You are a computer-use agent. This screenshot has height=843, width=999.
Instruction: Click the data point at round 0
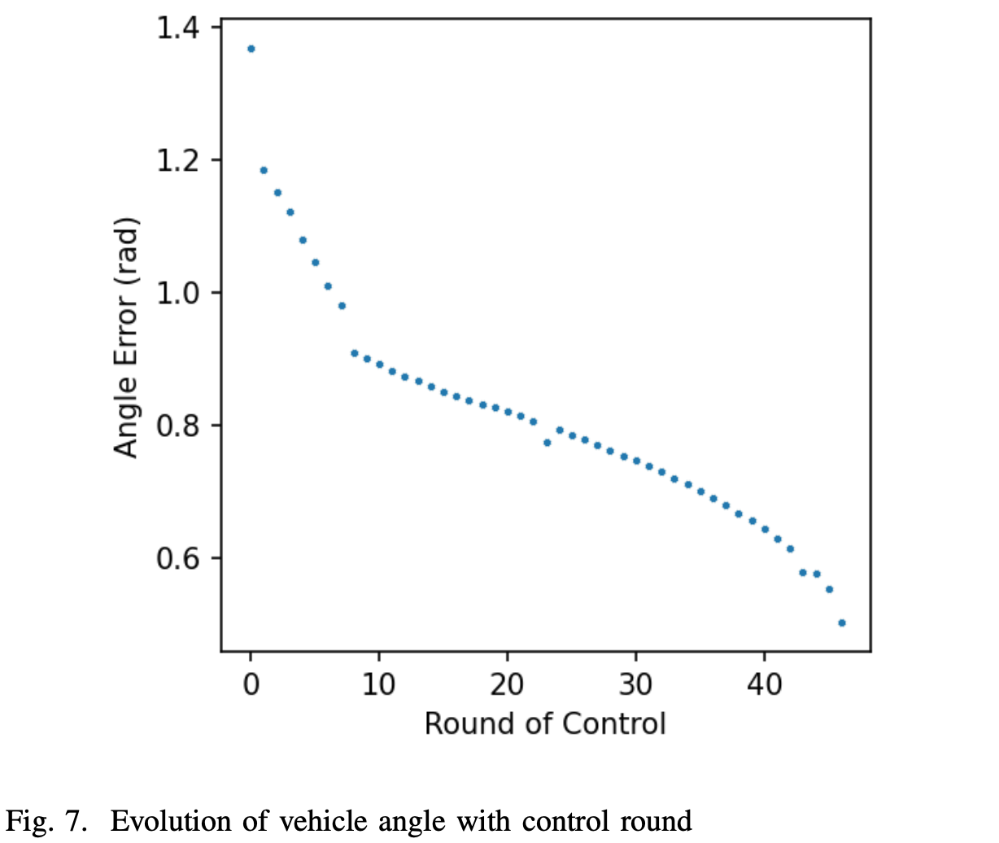click(x=251, y=49)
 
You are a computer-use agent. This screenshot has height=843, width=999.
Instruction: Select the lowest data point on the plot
click(x=842, y=623)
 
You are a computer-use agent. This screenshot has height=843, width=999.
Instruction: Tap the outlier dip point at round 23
click(x=547, y=443)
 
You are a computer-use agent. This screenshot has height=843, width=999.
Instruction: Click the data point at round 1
click(x=264, y=170)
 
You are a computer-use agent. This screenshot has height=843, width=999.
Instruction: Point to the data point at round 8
click(x=354, y=353)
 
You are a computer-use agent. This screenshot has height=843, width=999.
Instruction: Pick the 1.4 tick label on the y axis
click(x=178, y=28)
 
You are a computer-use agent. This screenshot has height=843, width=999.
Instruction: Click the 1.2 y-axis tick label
click(x=178, y=160)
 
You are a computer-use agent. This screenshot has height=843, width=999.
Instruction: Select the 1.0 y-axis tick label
click(x=178, y=293)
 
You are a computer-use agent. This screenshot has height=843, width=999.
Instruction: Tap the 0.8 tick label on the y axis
click(x=178, y=426)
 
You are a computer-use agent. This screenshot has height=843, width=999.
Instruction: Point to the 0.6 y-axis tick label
click(x=178, y=558)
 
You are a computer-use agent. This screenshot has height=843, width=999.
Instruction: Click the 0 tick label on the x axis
click(x=251, y=684)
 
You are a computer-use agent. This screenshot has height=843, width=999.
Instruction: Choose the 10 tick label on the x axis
click(x=378, y=684)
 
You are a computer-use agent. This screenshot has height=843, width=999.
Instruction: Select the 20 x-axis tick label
click(x=507, y=684)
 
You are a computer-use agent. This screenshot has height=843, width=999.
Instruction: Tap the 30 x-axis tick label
click(x=635, y=684)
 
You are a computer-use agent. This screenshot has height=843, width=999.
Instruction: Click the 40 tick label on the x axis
click(x=764, y=684)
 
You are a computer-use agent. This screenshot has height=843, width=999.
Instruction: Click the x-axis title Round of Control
click(x=545, y=723)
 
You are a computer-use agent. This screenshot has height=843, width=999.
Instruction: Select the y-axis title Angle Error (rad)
click(x=126, y=338)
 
